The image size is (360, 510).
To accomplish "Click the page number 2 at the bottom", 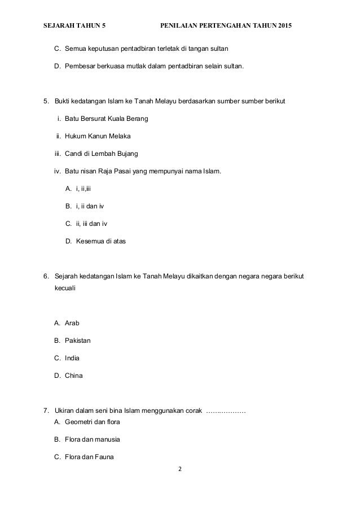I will tap(180, 469).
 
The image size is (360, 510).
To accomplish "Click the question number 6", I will tap(46, 276).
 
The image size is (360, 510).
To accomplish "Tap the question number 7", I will tap(46, 409).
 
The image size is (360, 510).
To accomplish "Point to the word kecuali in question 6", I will tap(65, 287).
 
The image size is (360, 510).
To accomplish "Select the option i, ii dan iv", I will tap(90, 206).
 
